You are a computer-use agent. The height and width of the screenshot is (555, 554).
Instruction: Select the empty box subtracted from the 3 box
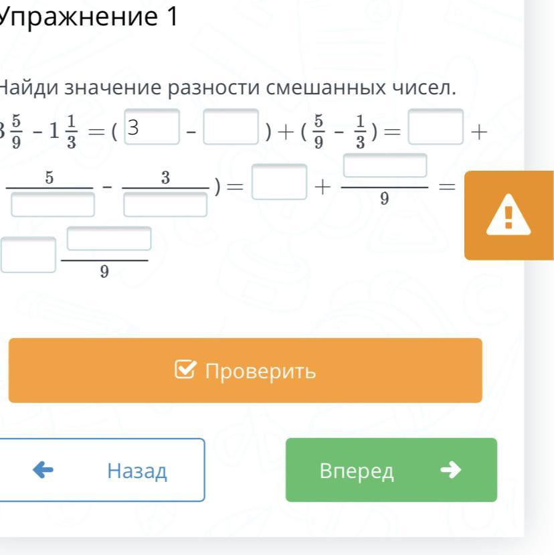tap(231, 127)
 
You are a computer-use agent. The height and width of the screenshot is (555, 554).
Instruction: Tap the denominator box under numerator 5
tap(53, 203)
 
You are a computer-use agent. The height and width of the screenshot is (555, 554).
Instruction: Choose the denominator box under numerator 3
tap(165, 203)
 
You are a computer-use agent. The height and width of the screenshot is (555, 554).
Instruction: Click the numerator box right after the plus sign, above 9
tap(385, 165)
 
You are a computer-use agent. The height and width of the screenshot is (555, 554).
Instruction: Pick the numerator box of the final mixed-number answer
tap(108, 239)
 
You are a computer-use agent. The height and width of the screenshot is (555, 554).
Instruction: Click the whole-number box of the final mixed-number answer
tap(28, 254)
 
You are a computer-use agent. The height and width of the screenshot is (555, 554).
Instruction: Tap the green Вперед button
tap(391, 470)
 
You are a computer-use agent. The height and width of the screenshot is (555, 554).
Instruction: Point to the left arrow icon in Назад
tap(43, 470)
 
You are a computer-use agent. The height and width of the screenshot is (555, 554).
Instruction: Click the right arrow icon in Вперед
tap(451, 470)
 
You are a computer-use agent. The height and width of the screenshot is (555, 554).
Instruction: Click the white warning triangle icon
tap(508, 215)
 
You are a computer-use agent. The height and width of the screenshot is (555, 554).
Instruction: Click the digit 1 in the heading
tap(170, 18)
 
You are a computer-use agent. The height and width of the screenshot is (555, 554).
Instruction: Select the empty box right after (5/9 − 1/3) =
tap(436, 127)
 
